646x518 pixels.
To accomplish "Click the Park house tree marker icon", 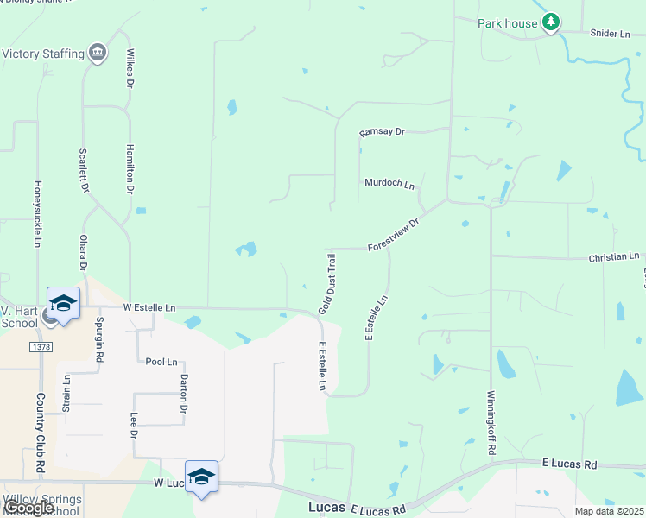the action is tap(551, 23).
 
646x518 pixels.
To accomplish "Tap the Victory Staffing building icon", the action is tap(98, 54).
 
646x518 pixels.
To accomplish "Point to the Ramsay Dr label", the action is tap(382, 132).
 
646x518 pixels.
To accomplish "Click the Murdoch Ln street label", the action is tap(389, 184).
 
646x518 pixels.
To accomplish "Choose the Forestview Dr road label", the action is tap(393, 234).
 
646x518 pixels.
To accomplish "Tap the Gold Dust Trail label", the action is tap(326, 283).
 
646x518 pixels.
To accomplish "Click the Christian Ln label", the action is tap(614, 257).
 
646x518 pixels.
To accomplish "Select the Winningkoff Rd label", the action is tap(491, 424).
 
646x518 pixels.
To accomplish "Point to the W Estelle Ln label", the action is tap(149, 307).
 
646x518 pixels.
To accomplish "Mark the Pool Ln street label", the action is tap(161, 362).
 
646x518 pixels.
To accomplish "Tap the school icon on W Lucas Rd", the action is tap(201, 477).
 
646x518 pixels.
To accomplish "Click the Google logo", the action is tap(28, 508).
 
